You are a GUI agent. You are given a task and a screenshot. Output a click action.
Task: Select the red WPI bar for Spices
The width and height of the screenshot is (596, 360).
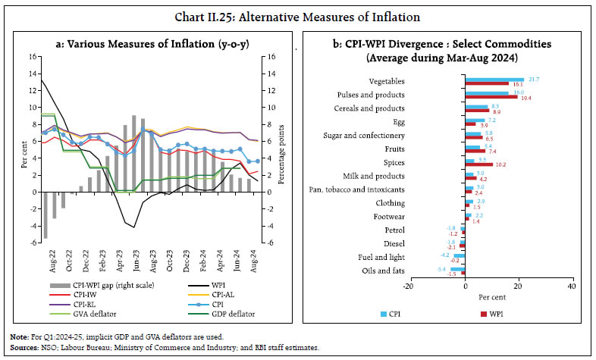(479, 164)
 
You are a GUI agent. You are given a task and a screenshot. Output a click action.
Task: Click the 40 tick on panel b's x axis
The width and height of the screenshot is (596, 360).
(571, 285)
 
